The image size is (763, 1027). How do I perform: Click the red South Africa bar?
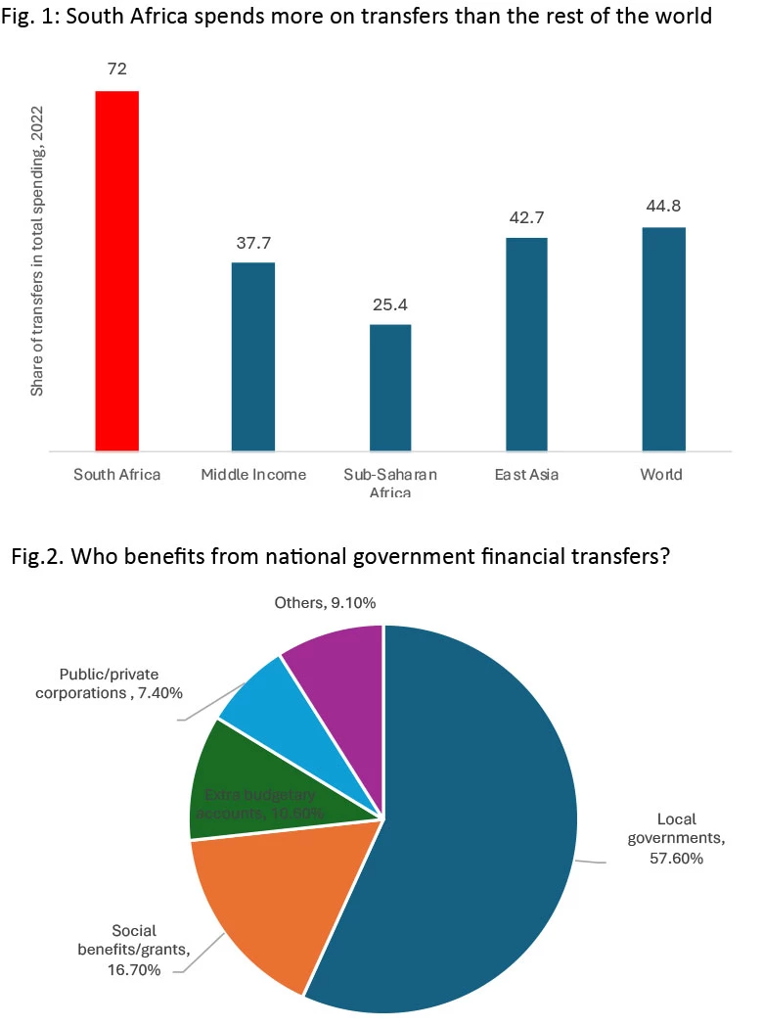pos(116,271)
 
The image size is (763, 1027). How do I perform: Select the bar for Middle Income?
pos(252,357)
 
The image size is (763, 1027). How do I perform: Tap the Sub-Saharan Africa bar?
pos(390,388)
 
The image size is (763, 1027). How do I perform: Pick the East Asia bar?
pos(526,345)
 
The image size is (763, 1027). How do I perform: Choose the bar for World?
pos(663,340)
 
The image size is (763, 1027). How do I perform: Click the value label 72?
pos(117,69)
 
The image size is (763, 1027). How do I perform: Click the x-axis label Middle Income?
pos(253,475)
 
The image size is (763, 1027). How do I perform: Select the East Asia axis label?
pos(526,475)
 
